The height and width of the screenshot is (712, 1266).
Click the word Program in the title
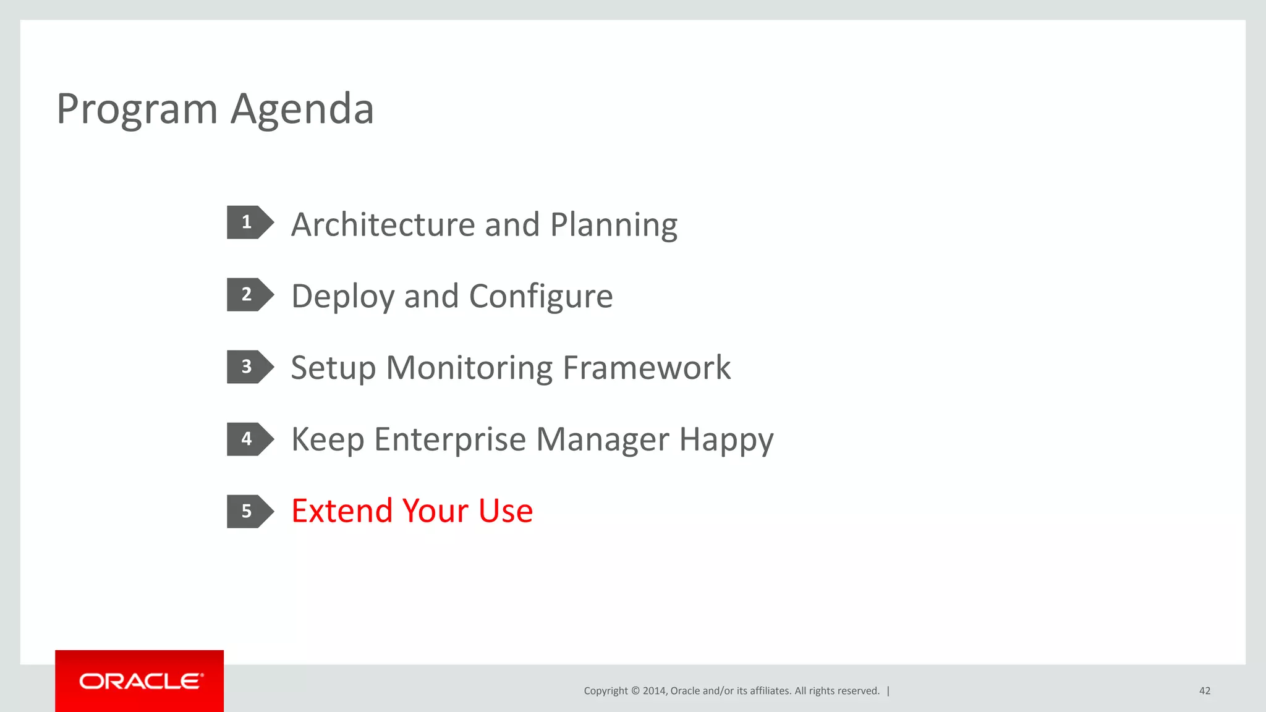tap(137, 110)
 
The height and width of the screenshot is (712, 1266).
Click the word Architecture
tap(383, 224)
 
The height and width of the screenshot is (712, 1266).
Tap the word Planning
tap(614, 226)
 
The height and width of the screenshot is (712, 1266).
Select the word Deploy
tap(342, 297)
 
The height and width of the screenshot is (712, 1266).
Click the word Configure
tap(541, 297)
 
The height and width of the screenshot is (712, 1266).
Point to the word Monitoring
tap(469, 368)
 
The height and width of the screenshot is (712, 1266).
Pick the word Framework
tap(647, 368)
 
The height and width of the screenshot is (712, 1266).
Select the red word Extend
tap(342, 511)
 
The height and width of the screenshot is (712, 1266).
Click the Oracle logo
tap(140, 681)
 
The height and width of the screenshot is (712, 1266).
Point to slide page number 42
tap(1204, 691)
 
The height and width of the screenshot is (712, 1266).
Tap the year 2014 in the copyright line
tap(653, 691)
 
